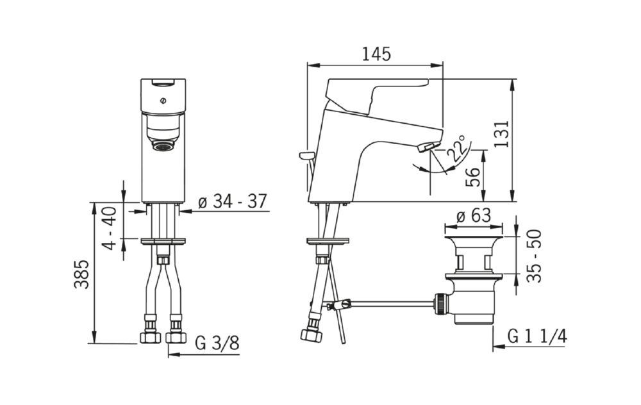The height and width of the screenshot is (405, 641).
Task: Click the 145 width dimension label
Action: (376, 54)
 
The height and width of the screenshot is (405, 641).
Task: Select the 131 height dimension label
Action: (501, 134)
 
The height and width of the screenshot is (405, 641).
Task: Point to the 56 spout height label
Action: (473, 177)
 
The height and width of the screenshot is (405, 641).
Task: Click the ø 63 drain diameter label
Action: (473, 215)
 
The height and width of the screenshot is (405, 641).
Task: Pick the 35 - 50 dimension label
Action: (534, 256)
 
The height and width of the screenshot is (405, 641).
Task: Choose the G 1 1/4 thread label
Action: (537, 336)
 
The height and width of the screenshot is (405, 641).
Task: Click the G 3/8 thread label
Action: (217, 343)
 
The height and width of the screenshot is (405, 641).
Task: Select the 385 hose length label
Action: (81, 274)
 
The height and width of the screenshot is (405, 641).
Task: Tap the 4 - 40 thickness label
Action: (109, 228)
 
